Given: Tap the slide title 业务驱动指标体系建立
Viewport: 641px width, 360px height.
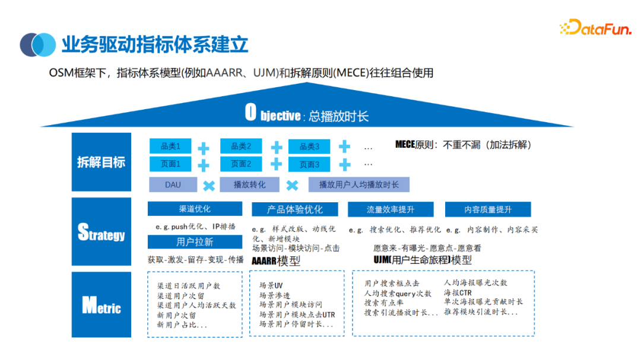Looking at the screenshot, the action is [x=154, y=44].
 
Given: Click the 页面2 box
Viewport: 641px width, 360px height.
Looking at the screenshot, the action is [x=241, y=164].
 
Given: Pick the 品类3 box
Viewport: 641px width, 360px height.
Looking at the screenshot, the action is [x=309, y=146].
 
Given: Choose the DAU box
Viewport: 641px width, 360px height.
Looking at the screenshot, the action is [x=173, y=184].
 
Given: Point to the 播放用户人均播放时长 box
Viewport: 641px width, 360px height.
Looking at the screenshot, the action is [x=359, y=184].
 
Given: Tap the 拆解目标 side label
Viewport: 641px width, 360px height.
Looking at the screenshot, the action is [x=101, y=162].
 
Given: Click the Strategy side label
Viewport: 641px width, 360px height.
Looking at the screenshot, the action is [x=101, y=232].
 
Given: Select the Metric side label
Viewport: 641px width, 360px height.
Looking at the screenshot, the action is [x=101, y=305].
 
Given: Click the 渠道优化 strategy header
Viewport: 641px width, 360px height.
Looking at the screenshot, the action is [x=195, y=209].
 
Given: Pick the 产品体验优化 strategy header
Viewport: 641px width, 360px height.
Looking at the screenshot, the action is [x=295, y=209].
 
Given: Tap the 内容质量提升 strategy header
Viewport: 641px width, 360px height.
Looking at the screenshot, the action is [x=488, y=209].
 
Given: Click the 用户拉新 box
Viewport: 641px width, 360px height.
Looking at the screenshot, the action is [x=195, y=242].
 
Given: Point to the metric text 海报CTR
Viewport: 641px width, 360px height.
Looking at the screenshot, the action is [x=458, y=292].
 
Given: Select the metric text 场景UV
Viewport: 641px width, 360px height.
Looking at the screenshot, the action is [x=271, y=285].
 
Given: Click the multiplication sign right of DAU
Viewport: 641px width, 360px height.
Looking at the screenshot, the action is [x=208, y=186].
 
